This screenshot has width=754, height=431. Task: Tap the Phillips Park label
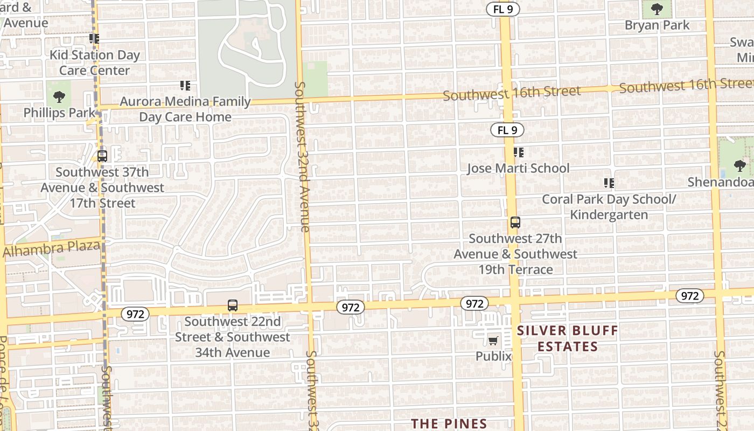tap(59, 113)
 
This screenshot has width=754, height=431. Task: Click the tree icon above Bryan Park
tap(657, 9)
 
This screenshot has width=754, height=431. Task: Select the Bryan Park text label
tap(657, 25)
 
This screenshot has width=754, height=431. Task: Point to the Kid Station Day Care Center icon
tap(94, 39)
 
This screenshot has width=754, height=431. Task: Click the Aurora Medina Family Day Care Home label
tap(185, 109)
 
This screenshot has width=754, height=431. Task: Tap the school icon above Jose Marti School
tap(518, 152)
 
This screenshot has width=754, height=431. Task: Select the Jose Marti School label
tap(518, 168)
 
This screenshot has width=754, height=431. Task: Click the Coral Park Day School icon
tap(609, 183)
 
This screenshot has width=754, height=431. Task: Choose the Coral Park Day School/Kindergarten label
tap(609, 207)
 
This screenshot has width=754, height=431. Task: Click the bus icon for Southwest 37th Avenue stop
tap(102, 156)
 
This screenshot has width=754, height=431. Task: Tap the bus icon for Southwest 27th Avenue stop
tap(515, 223)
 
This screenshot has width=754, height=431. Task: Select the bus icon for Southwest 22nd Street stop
tap(233, 305)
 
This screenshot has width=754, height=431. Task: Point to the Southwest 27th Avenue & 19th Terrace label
tap(515, 254)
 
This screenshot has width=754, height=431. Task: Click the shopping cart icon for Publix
tap(493, 340)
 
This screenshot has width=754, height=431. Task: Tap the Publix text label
tap(493, 356)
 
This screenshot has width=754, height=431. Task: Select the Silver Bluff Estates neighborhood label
tap(568, 338)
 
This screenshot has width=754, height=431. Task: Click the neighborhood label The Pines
tap(449, 424)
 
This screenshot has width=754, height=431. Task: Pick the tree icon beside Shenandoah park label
tap(739, 165)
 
